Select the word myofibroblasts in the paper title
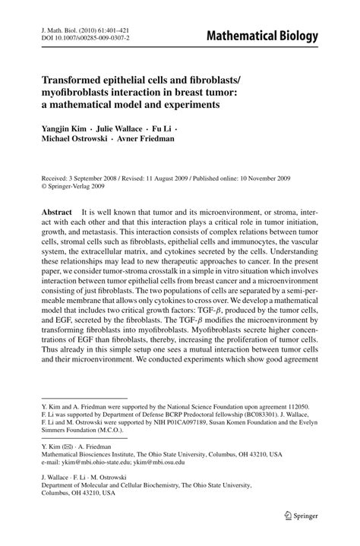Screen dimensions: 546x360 pos(78,91)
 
